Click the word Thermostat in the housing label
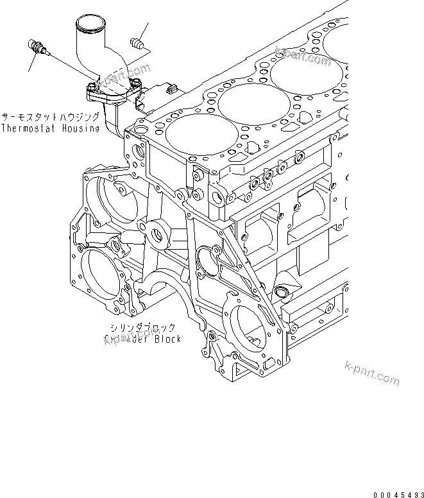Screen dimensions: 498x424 25,128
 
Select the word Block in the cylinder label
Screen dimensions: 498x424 166,339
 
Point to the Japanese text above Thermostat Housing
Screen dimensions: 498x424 50,117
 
